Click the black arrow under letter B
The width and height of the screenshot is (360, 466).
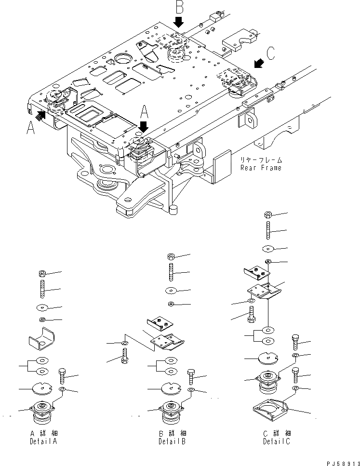pyautogui.click(x=179, y=21)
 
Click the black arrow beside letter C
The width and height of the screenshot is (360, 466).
pyautogui.click(x=259, y=63)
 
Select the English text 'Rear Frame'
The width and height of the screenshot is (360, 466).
pyautogui.click(x=261, y=168)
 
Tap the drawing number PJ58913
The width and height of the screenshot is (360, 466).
pyautogui.click(x=340, y=461)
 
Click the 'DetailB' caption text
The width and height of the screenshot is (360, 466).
pyautogui.click(x=172, y=441)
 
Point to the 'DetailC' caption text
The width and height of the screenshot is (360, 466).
pyautogui.click(x=277, y=441)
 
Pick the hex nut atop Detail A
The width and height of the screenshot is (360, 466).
pyautogui.click(x=41, y=274)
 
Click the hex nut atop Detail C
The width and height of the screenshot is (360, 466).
pyautogui.click(x=269, y=214)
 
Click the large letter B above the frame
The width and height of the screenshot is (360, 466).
pyautogui.click(x=179, y=8)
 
